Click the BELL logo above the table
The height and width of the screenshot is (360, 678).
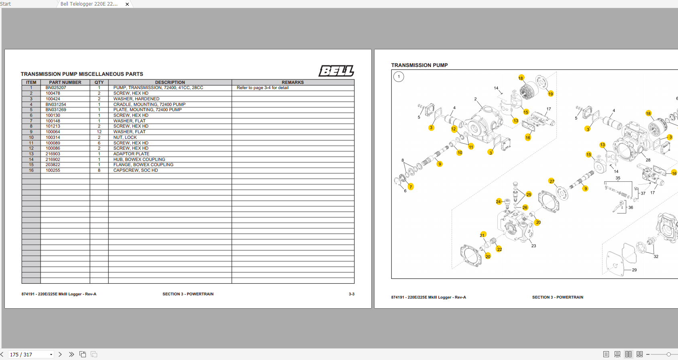tap(336, 71)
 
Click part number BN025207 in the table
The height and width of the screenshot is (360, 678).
tap(56, 88)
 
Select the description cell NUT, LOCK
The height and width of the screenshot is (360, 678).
tap(125, 137)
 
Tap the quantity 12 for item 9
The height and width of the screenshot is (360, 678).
tap(99, 132)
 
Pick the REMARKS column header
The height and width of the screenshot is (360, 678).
tap(293, 82)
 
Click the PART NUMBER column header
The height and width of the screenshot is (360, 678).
tap(65, 82)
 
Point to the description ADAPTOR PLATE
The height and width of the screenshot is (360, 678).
tap(131, 154)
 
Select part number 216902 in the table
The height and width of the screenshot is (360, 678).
tap(53, 160)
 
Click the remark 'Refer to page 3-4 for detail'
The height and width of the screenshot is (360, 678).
tap(263, 88)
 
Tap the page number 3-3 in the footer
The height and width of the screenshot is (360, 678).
tap(351, 294)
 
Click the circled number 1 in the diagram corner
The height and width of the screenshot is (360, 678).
tap(399, 77)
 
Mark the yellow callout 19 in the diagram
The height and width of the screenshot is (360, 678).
tap(550, 94)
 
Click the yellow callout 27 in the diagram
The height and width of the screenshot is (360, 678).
tap(552, 181)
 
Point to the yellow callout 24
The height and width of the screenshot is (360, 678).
tap(498, 202)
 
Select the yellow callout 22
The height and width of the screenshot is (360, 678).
tap(499, 249)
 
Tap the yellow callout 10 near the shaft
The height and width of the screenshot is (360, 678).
tap(460, 153)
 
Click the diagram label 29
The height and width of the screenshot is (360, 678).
tap(634, 270)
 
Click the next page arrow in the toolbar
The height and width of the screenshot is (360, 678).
tap(60, 354)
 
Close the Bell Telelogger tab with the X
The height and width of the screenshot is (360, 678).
tap(127, 4)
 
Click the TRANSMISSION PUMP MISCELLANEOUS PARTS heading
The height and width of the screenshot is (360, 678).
tap(82, 74)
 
